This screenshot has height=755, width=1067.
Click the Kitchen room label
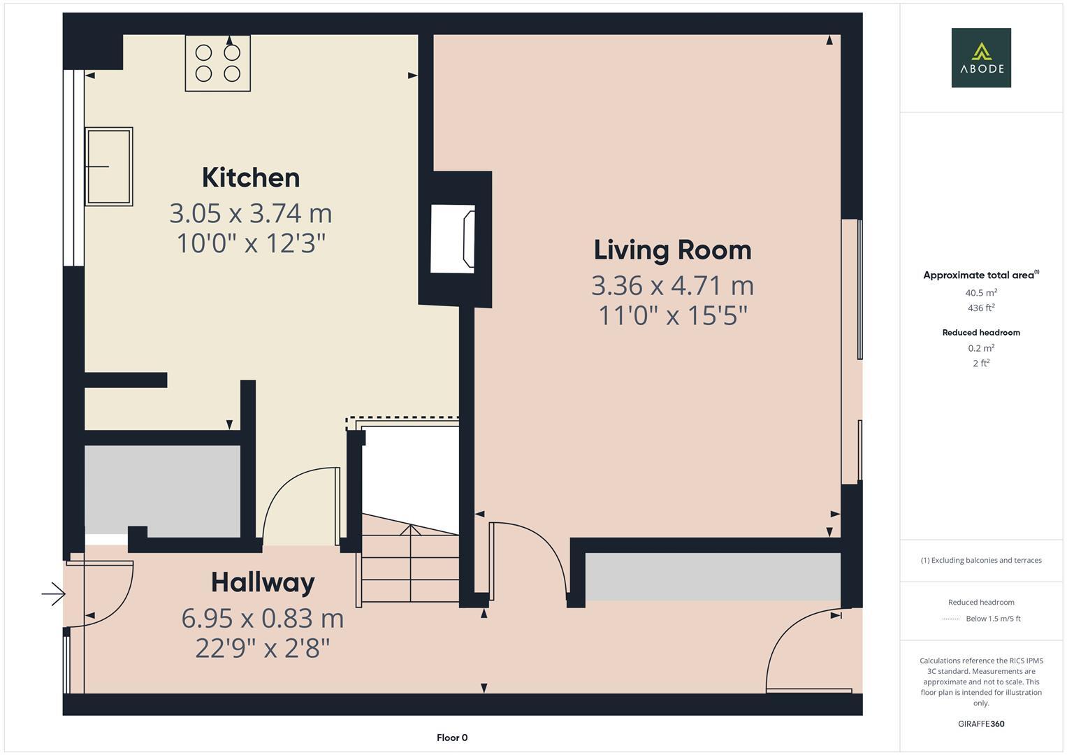251,178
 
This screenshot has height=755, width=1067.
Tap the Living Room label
672,250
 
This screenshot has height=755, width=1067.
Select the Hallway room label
263,582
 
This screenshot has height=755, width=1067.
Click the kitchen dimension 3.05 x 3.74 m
251,213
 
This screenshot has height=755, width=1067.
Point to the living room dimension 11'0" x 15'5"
672,316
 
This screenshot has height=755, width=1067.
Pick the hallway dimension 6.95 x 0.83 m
263,618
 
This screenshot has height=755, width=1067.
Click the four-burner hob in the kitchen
217,63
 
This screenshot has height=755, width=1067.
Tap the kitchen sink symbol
109,166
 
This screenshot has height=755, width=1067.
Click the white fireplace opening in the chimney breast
452,238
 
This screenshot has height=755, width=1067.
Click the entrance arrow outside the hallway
53,595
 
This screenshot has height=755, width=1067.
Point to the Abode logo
981,58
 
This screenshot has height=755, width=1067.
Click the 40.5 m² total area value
981,293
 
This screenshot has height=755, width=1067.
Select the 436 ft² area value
981,308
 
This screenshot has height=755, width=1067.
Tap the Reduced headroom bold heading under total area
981,333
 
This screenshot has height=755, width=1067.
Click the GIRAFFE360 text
981,724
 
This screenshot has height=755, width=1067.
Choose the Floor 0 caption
452,738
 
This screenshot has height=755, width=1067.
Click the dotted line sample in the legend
951,619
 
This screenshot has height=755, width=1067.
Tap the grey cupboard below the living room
712,577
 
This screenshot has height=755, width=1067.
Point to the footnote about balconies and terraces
981,560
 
